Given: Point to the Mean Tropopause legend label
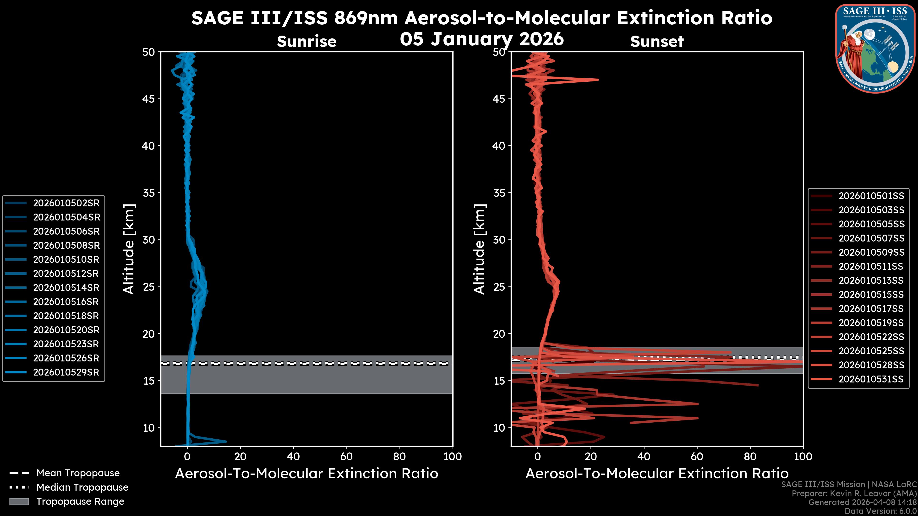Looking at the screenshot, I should [78, 473].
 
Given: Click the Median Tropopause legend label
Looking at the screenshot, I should [82, 488].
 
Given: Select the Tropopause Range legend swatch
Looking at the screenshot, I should [19, 502].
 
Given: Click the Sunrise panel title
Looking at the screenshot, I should [306, 42].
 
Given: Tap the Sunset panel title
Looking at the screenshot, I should [657, 42].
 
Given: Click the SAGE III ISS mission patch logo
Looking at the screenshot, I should [875, 48].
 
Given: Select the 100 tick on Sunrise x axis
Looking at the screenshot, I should [452, 457].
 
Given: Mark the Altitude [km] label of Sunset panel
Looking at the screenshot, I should [480, 249].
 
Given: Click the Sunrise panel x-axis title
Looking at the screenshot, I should [306, 474].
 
